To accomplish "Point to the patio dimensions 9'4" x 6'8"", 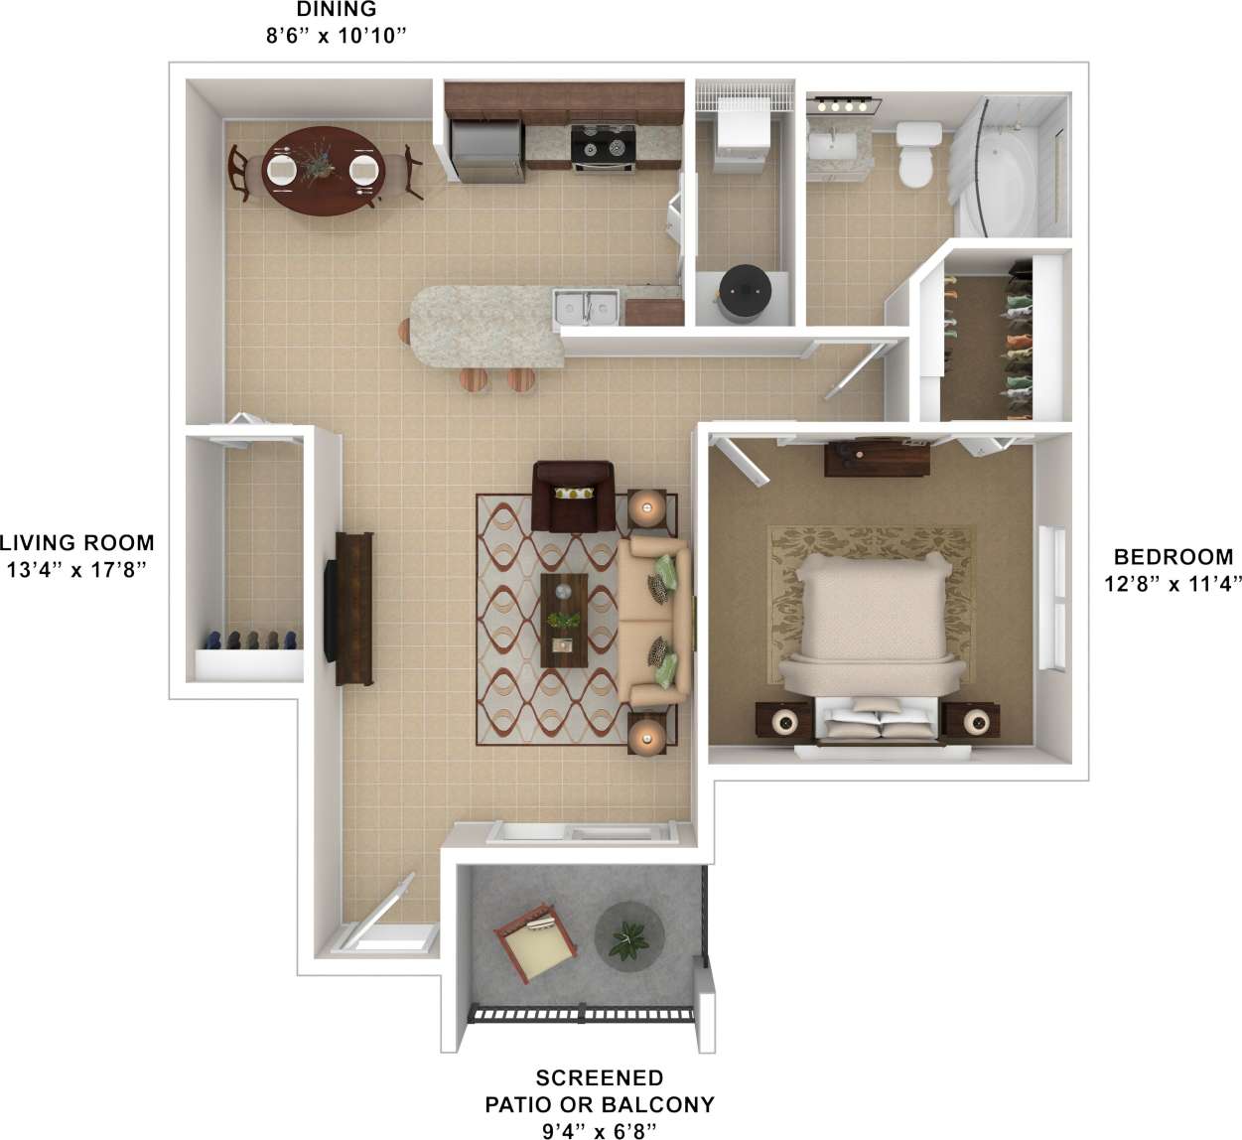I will click(x=599, y=1129).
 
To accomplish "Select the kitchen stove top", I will click(x=604, y=146).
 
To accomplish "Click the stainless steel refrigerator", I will click(x=486, y=150).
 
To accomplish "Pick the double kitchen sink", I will click(x=587, y=307).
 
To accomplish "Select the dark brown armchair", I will click(x=573, y=495).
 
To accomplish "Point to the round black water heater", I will click(x=745, y=287).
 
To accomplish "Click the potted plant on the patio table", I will click(x=627, y=939).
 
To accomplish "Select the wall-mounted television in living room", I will click(x=331, y=610).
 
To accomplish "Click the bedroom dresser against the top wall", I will click(x=877, y=458).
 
